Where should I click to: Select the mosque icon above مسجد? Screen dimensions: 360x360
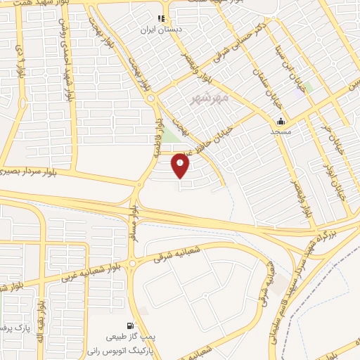click(x=280, y=120)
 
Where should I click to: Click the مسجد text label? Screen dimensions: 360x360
click(x=281, y=131)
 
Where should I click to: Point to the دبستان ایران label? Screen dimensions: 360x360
click(x=162, y=30)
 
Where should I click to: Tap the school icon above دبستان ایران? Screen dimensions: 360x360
click(x=161, y=19)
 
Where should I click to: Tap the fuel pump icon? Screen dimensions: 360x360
click(x=129, y=326)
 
